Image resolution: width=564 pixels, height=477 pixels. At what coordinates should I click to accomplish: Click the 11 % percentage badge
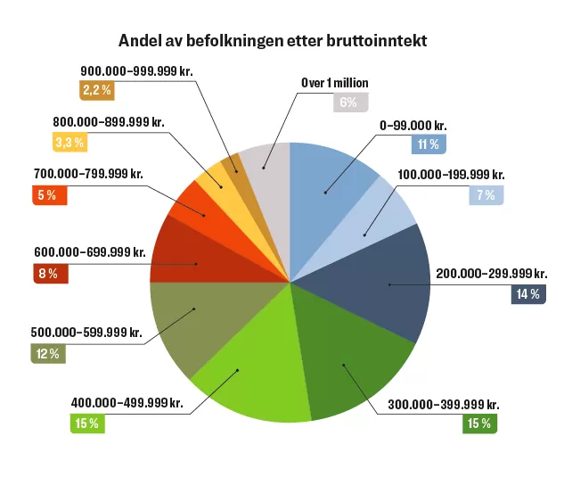[427, 144]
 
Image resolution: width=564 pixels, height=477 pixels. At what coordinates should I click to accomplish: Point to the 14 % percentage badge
[527, 293]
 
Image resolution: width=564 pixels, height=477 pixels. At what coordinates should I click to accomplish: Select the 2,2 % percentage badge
[95, 90]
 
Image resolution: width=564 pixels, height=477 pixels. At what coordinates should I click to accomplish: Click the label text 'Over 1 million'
[334, 83]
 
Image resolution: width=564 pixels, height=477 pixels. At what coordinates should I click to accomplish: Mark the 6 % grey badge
[348, 102]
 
